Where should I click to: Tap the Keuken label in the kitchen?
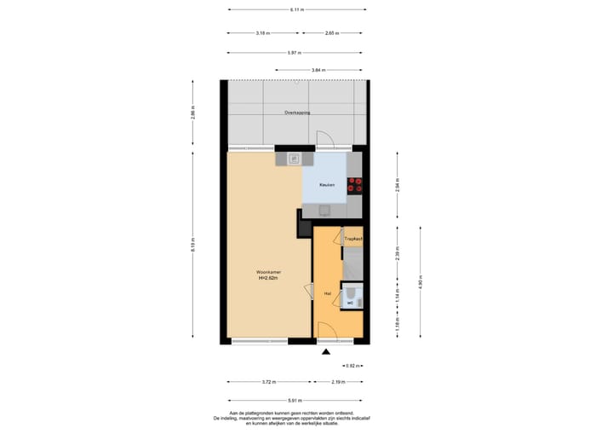327,185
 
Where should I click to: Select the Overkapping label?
297,113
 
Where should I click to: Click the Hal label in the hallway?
327,293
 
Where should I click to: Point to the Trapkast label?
352,240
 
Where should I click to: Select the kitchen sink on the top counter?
295,159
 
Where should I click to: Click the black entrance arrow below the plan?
324,350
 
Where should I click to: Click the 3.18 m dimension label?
263,33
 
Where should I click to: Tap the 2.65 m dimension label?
332,33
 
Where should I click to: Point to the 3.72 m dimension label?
269,383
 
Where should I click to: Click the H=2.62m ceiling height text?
270,278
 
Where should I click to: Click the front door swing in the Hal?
325,330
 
